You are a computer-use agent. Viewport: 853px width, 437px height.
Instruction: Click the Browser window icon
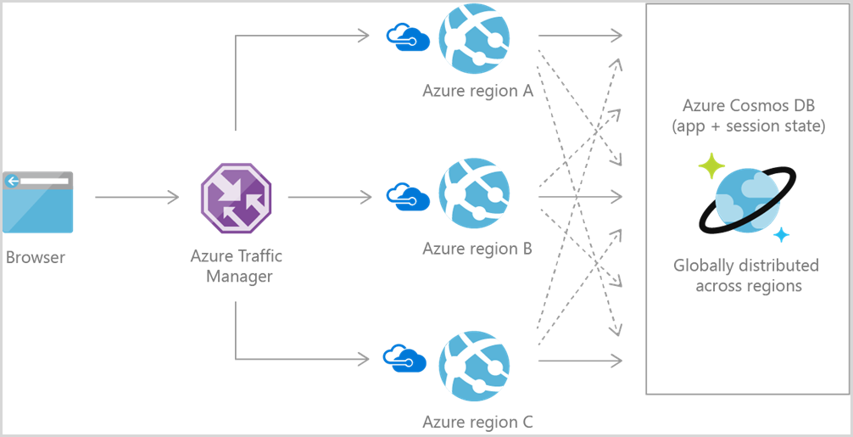(x=37, y=201)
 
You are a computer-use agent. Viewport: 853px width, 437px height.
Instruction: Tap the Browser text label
(x=36, y=257)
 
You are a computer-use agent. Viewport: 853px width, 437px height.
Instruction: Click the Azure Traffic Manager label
(x=237, y=266)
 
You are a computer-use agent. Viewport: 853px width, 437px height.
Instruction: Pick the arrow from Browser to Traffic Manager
(x=137, y=198)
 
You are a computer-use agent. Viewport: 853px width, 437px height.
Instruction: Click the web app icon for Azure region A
(x=474, y=37)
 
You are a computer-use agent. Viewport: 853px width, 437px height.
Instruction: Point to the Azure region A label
(x=477, y=91)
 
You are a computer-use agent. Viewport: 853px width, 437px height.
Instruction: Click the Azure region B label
(x=477, y=249)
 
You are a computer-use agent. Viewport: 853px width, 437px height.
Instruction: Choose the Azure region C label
(x=477, y=422)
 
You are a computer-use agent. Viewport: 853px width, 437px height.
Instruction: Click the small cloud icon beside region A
(x=407, y=36)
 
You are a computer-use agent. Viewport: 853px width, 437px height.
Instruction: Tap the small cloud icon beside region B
(x=407, y=196)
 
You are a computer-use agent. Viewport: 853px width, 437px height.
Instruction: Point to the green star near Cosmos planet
(x=711, y=166)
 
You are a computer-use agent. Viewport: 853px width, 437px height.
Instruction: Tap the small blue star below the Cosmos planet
(x=781, y=235)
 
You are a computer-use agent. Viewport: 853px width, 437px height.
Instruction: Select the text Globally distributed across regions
(x=746, y=276)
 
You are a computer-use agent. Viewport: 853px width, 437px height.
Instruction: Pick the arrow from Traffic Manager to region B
(x=329, y=198)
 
